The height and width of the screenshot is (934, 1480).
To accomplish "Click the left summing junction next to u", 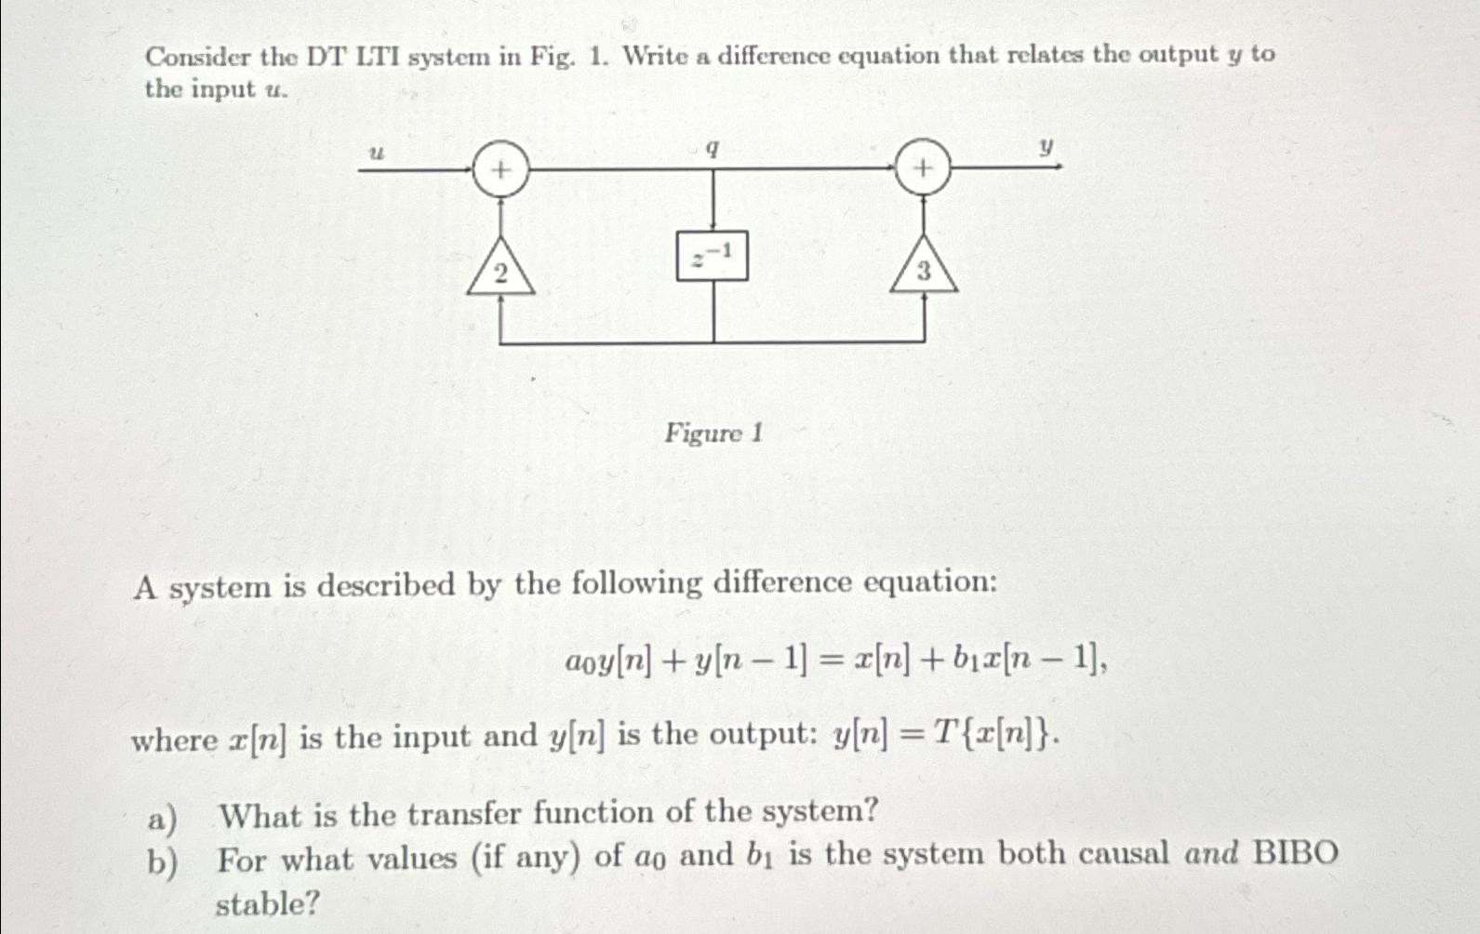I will coord(500,169).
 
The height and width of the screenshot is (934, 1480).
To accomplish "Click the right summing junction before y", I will coord(923,167).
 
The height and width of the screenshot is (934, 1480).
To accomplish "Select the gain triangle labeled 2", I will coord(500,272).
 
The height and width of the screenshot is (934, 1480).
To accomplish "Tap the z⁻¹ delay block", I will coord(713,256).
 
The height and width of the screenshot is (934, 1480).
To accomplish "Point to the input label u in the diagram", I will coord(376,153).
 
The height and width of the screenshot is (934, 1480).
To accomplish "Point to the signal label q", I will coord(712,149).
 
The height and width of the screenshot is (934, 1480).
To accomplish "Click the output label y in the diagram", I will coord(1047,147).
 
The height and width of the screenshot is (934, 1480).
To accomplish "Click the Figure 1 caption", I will coord(713,434).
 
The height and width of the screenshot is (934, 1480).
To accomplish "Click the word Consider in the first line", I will coord(198,58).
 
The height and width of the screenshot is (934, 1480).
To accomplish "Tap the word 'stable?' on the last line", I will coord(268,902).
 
